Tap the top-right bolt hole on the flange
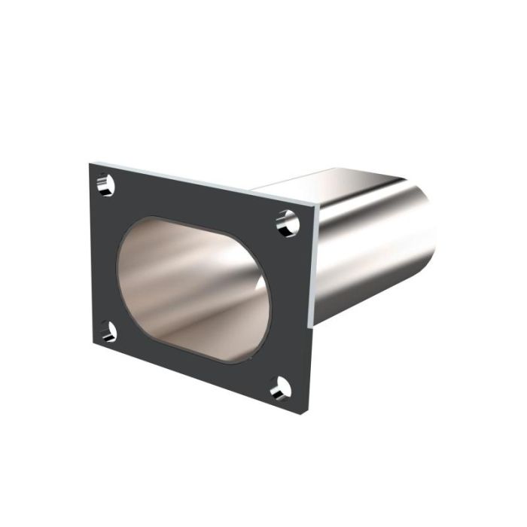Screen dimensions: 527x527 point(287,221)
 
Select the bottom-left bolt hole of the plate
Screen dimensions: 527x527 point(108,331)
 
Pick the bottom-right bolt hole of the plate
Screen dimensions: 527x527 point(281,388)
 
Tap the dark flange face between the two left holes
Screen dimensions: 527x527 point(104,256)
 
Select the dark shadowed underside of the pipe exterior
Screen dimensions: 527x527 point(376,301)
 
